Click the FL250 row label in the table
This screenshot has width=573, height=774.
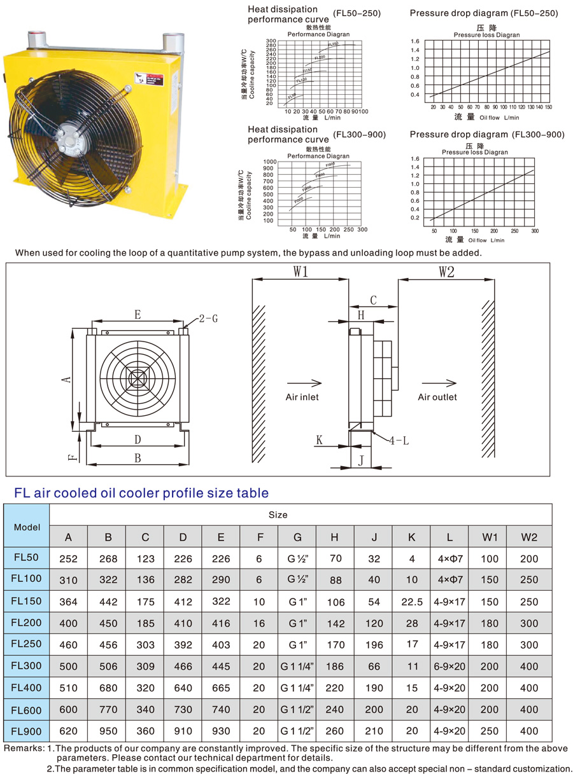pyautogui.click(x=27, y=644)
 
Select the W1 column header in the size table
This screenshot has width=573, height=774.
pyautogui.click(x=490, y=537)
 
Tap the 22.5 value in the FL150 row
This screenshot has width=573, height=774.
pyautogui.click(x=412, y=601)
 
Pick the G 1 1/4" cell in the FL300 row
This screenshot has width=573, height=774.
pyautogui.click(x=297, y=667)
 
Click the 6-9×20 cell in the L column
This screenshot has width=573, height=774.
pyautogui.click(x=450, y=667)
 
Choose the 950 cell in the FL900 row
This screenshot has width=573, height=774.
pyautogui.click(x=108, y=731)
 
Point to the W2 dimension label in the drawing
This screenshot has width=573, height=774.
pyautogui.click(x=446, y=272)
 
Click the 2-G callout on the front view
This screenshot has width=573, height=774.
pyautogui.click(x=208, y=318)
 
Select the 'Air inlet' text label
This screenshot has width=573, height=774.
pyautogui.click(x=302, y=397)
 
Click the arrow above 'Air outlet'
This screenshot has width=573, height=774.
pyautogui.click(x=439, y=384)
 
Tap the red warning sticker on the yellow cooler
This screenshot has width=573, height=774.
pyautogui.click(x=150, y=79)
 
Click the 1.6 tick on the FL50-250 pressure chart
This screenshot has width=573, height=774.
pyautogui.click(x=415, y=41)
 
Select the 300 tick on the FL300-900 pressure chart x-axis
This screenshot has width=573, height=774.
pyautogui.click(x=534, y=231)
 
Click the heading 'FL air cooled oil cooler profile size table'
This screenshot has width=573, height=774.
pyautogui.click(x=141, y=493)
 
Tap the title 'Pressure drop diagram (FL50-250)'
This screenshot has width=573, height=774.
pyautogui.click(x=483, y=13)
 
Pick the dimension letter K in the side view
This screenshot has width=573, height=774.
pyautogui.click(x=320, y=439)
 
